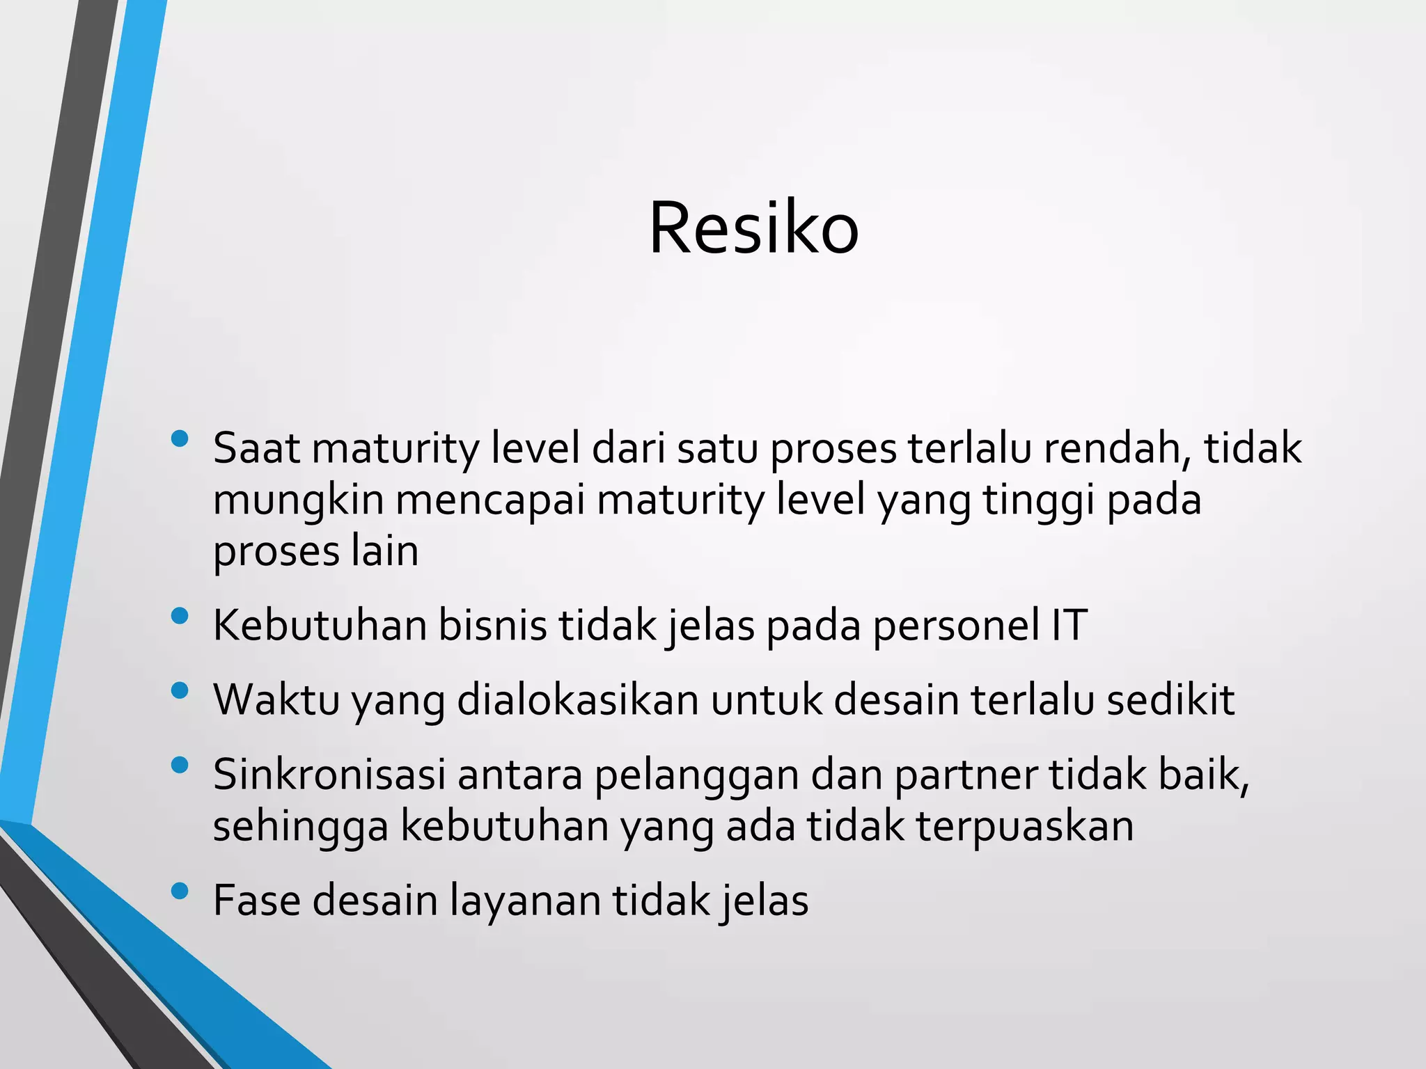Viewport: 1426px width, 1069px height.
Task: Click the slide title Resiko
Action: point(753,228)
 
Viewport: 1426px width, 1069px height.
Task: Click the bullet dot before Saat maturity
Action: point(180,438)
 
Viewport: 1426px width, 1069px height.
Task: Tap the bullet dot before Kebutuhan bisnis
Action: point(180,616)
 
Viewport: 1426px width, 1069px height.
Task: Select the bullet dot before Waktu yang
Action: point(180,690)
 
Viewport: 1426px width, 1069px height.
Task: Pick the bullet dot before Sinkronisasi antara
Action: point(180,766)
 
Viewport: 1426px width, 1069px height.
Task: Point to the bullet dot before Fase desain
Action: point(180,891)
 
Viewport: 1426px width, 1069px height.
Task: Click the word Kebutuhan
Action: point(320,625)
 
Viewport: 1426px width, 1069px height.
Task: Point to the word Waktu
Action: point(276,700)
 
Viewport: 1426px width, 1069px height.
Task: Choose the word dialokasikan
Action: point(577,700)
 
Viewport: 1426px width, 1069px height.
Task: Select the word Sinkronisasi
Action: point(329,775)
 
